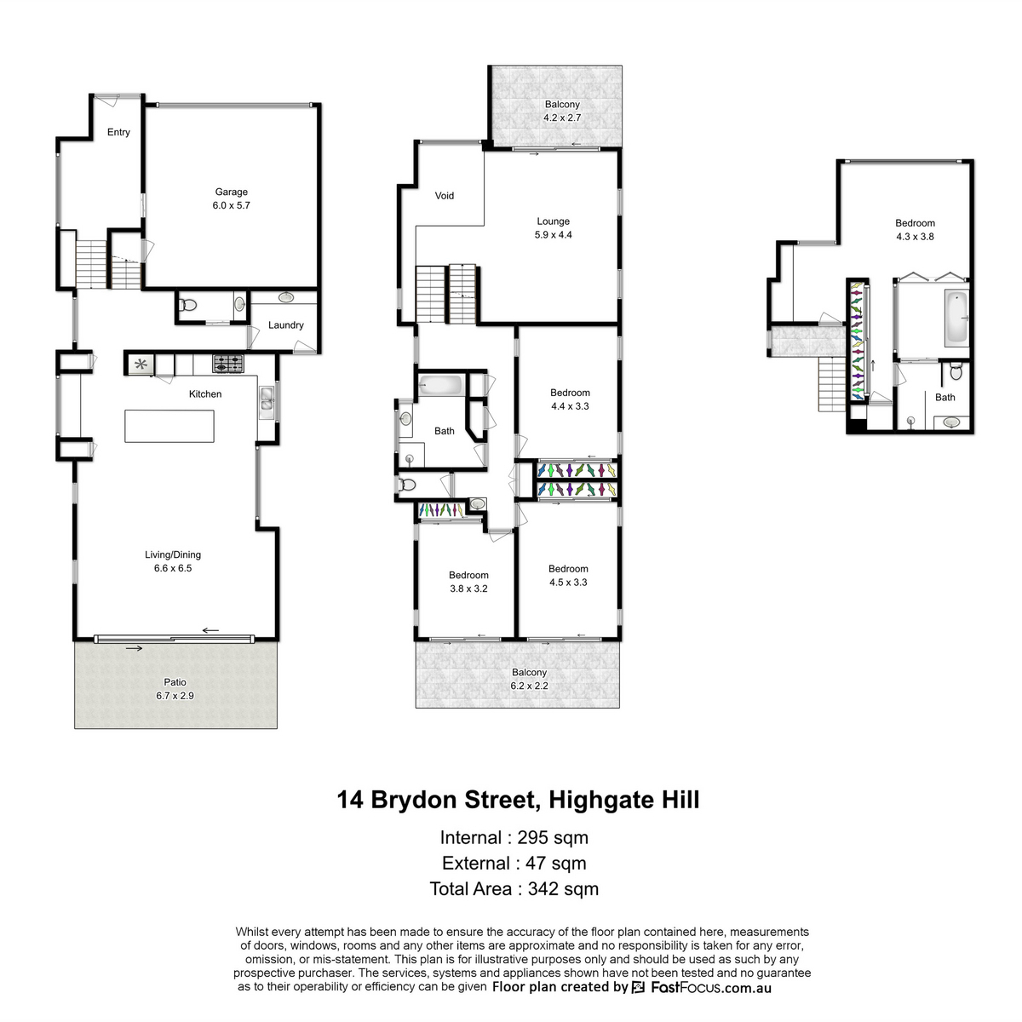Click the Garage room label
231,192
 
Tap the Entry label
118,132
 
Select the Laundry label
286,325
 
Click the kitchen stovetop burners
228,364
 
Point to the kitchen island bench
169,426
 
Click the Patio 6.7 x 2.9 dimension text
175,696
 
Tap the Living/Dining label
173,554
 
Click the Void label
445,196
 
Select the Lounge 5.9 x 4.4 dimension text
554,235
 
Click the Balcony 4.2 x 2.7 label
562,111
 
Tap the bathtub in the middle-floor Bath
440,385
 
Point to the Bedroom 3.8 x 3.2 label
468,582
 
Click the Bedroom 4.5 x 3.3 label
568,576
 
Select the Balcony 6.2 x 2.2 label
529,679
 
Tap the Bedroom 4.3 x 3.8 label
915,230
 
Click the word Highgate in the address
597,800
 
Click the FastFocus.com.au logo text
711,988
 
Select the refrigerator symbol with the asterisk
141,365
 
